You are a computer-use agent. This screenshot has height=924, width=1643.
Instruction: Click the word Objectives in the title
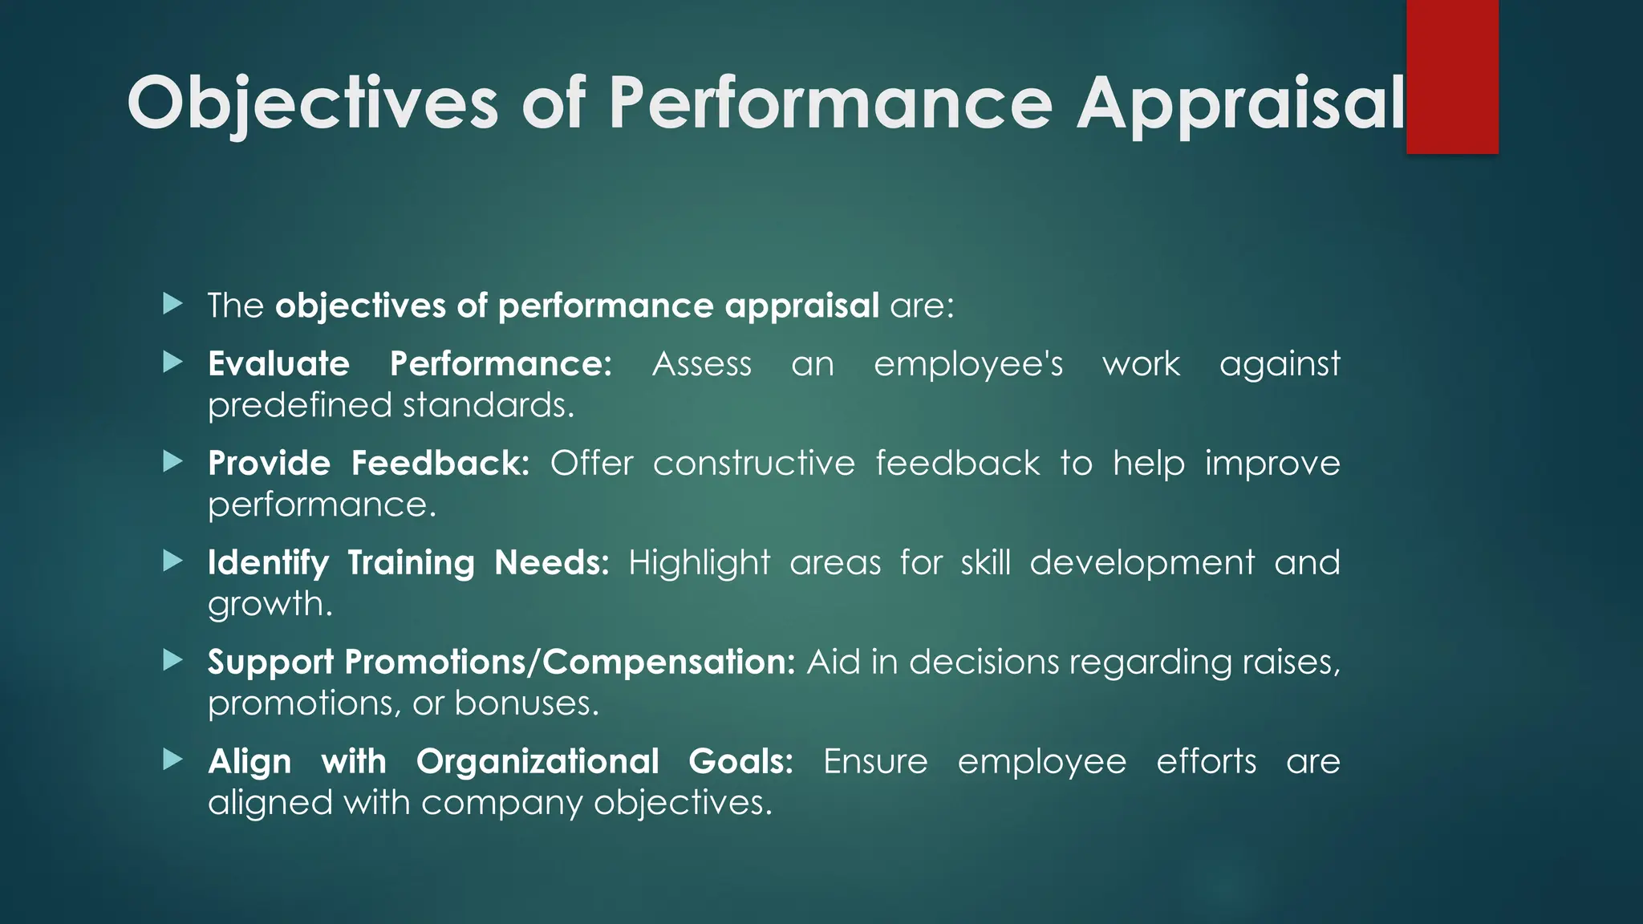(x=313, y=104)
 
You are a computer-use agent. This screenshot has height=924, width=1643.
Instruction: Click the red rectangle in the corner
(x=1452, y=77)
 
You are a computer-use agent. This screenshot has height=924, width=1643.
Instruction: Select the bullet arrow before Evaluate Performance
(x=172, y=363)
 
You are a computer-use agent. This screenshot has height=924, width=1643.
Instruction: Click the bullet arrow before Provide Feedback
(x=172, y=462)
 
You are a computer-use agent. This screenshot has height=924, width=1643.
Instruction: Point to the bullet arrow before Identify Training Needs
(x=172, y=561)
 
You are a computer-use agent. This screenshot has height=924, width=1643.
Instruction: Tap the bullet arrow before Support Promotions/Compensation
(x=172, y=661)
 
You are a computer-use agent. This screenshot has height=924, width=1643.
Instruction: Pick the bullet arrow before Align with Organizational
(x=172, y=760)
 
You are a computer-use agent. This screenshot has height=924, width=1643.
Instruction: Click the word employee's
(x=968, y=365)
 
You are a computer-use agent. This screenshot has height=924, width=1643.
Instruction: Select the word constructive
(x=753, y=464)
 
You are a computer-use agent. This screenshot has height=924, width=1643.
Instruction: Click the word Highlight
(x=699, y=564)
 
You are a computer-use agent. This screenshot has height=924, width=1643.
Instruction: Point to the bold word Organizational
(x=537, y=762)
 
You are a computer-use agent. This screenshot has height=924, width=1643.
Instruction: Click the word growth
(x=269, y=605)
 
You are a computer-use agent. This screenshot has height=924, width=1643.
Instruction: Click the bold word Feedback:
(x=440, y=464)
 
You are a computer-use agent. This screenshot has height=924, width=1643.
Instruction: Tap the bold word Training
(x=411, y=564)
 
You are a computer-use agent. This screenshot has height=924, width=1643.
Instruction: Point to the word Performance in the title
(x=830, y=104)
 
